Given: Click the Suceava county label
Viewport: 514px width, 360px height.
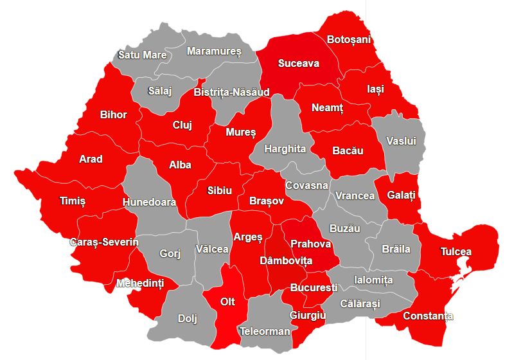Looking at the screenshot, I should coord(298,63).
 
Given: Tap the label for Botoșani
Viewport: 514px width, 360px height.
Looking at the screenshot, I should coord(349,40).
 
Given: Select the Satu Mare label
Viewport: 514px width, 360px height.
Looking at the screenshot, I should coord(143,55).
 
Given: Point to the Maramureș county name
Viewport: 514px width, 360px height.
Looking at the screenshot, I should coord(214,51).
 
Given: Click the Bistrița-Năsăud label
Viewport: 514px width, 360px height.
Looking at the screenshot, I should coord(231,93).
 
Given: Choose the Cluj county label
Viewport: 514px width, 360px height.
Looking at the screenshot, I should coord(182,125).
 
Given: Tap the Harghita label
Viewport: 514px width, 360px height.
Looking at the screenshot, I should coord(287,148).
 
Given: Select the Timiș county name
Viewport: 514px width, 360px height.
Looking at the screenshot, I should coord(73,201).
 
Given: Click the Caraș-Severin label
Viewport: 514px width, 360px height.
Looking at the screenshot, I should coord(105,242).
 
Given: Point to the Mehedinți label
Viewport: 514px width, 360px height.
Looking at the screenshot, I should coord(139,283).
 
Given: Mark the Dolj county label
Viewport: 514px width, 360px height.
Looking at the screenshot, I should coord(188,318).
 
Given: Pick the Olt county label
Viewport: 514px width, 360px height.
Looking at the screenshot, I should coord(228,301).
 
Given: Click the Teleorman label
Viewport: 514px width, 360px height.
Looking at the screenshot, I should coord(265,332).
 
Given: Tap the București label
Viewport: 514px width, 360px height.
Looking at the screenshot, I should coord(314,287).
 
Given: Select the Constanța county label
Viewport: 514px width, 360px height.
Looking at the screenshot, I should coord(428,316).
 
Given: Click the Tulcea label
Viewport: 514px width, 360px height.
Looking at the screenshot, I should coord(456,251).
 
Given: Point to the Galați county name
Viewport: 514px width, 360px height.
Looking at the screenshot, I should coord(402,194).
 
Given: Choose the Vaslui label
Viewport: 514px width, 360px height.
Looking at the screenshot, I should coord(402,140).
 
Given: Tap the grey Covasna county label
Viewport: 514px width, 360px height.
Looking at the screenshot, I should coord(307,185).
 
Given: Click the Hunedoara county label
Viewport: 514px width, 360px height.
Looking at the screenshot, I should coord(149,202).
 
